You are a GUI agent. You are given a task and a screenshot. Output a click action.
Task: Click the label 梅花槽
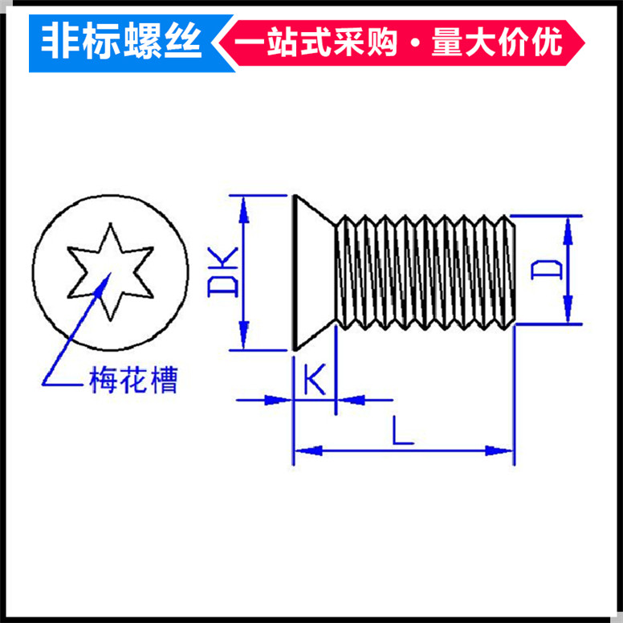[x=132, y=380]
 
